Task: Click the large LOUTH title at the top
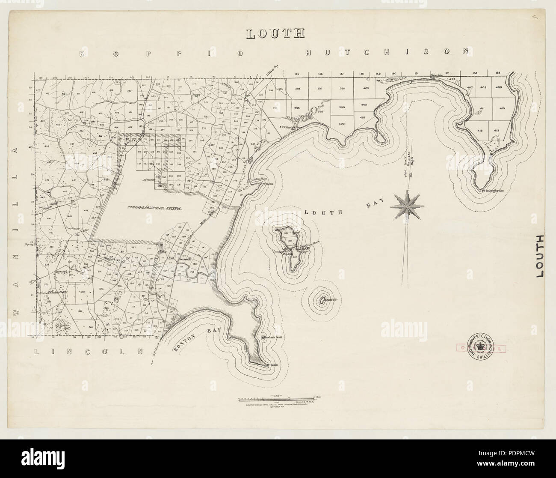(x=275, y=34)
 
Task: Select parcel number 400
(x=341, y=124)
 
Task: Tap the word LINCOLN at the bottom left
(x=88, y=351)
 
